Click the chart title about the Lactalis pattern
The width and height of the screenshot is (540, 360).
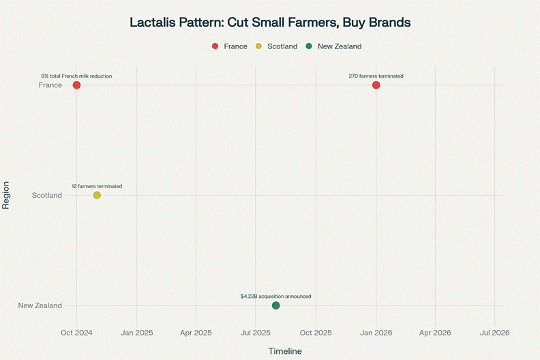[x=270, y=22]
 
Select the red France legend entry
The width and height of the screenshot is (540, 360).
[x=230, y=46]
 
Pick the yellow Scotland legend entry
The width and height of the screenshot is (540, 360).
[x=277, y=46]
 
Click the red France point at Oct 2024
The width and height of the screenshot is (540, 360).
[x=76, y=85]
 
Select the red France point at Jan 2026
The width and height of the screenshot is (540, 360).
[x=376, y=85]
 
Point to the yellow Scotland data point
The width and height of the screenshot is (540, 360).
[x=97, y=196]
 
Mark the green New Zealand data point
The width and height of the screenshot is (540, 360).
[x=275, y=305]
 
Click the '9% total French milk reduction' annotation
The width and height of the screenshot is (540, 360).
[x=76, y=76]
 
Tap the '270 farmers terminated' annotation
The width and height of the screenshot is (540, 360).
[x=376, y=76]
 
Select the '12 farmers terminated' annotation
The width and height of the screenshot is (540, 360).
[x=97, y=186]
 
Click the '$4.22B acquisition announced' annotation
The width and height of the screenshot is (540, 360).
[x=275, y=297]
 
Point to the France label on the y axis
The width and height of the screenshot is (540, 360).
[x=50, y=85]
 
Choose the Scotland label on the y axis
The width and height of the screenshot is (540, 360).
[x=47, y=196]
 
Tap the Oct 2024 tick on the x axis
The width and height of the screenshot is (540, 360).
[x=76, y=333]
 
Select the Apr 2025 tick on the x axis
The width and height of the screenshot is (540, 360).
[x=196, y=333]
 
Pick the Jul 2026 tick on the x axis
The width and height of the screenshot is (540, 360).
[x=494, y=333]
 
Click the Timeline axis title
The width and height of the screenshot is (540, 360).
[x=284, y=351]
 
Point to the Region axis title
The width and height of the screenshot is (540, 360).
[x=6, y=195]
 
